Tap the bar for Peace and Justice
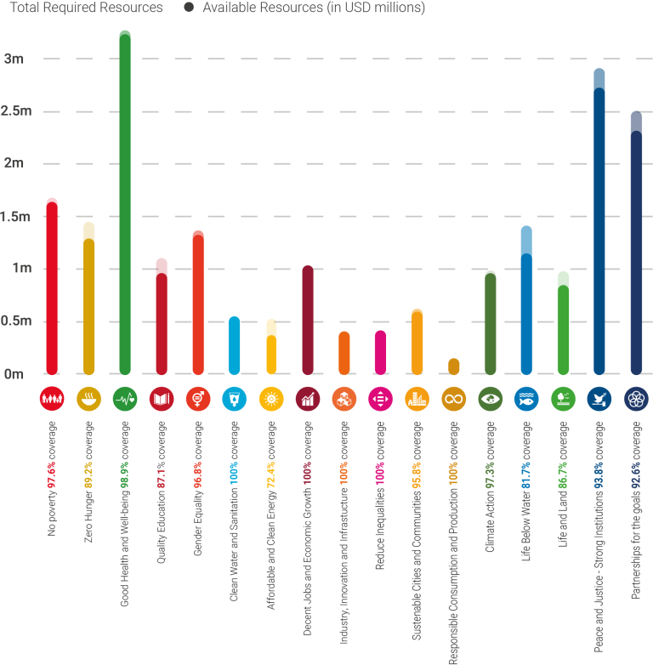599,221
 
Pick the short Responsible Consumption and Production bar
454,367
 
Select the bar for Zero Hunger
88,298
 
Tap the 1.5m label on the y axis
16,217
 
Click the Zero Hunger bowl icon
88,398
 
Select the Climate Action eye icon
491,398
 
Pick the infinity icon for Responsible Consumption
454,398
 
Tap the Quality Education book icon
162,398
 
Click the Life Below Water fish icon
526,398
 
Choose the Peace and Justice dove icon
599,398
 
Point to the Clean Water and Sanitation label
234,493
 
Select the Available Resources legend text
313,8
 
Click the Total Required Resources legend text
85,8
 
